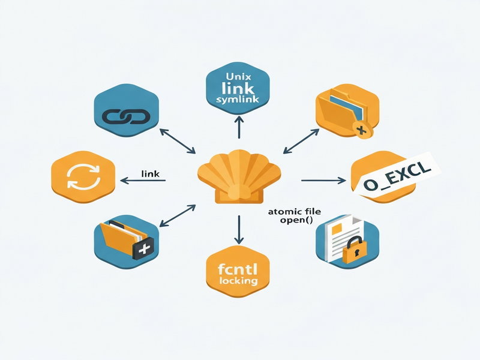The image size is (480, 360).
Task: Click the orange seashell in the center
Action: coord(239,176)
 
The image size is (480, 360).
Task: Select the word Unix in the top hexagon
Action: coord(238,76)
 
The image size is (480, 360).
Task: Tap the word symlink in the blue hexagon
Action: coord(238,99)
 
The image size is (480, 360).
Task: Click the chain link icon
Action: coord(126,116)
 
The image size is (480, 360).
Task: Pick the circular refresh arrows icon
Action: coord(83,176)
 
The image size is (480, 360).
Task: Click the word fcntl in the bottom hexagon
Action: coord(238,269)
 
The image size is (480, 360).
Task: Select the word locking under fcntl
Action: coord(238,281)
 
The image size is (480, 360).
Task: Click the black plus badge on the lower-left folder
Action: coord(143,248)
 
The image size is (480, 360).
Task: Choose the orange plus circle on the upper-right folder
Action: coord(362,130)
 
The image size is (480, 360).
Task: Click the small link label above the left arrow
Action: coord(151,174)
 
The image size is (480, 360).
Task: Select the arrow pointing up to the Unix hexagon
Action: coord(239,127)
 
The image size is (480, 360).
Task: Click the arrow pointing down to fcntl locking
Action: coord(239,230)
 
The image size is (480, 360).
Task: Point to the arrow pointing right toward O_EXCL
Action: coord(323,181)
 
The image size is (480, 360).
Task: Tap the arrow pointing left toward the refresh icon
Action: coord(143,181)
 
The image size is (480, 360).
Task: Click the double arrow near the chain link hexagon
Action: coord(178,141)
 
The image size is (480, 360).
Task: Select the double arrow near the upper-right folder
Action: coord(301,141)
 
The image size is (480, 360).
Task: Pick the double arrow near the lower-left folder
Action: coord(178,216)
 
